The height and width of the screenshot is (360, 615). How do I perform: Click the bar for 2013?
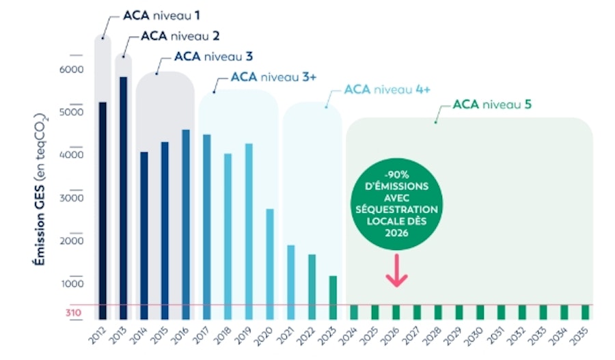(x=123, y=197)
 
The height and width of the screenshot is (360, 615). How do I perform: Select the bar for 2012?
(x=102, y=210)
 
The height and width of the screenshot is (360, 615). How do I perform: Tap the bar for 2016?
(x=185, y=224)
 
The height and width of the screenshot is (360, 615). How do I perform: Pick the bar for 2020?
(x=269, y=264)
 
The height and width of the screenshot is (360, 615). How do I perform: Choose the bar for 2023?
(x=333, y=297)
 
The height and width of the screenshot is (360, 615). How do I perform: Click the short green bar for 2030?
(x=480, y=312)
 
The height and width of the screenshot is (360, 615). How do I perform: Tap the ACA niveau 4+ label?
(x=387, y=90)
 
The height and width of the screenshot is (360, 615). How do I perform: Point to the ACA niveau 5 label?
(x=492, y=105)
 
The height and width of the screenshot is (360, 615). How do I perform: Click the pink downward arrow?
(x=396, y=271)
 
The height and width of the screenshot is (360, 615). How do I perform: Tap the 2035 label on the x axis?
(x=583, y=335)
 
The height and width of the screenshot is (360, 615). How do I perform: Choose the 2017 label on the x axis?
(x=202, y=335)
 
